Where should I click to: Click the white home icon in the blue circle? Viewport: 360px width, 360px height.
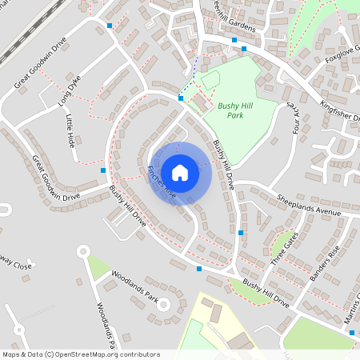click(180, 172)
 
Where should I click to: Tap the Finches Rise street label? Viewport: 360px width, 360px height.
click(162, 182)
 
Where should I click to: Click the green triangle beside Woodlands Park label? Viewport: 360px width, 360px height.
click(98, 266)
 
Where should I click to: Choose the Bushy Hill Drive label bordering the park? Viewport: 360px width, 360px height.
click(223, 165)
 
